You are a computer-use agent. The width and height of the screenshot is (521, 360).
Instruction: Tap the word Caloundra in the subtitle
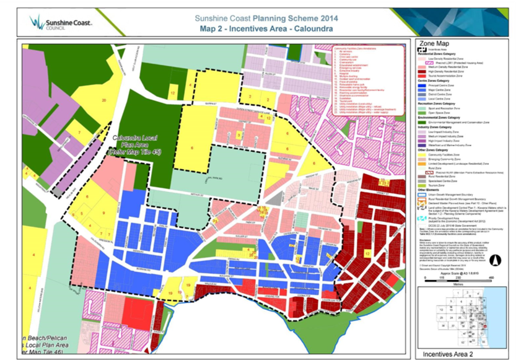317,29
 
